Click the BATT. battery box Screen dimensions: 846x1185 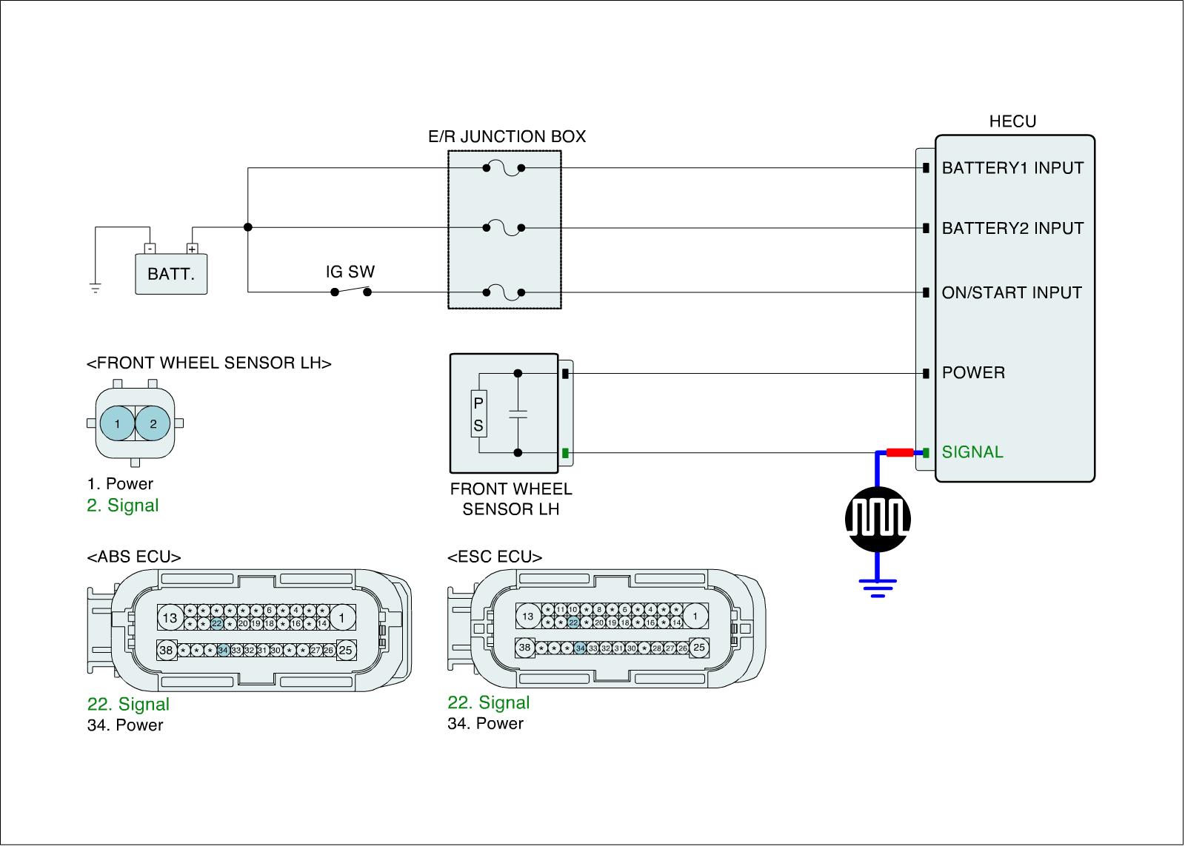click(x=171, y=274)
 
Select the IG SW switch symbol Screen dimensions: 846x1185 click(x=350, y=291)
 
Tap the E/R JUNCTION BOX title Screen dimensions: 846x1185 click(x=507, y=136)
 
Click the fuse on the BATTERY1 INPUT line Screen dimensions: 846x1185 click(x=504, y=169)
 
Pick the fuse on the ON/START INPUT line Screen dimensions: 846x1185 click(x=504, y=293)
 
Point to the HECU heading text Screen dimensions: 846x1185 click(x=1012, y=121)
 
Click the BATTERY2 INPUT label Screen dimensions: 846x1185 click(x=1012, y=228)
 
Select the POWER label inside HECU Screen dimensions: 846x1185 click(x=973, y=372)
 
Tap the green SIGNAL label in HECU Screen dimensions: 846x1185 click(x=972, y=452)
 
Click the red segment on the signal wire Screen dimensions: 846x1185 click(x=899, y=452)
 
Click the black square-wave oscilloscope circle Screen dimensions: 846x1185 click(x=878, y=519)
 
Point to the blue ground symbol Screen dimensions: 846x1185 click(x=878, y=588)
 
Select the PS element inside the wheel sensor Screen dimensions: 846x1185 click(x=478, y=414)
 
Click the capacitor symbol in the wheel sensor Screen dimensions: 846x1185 click(x=518, y=413)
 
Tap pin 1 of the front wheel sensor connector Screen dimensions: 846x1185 click(x=117, y=424)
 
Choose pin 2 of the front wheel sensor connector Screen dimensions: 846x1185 click(x=153, y=424)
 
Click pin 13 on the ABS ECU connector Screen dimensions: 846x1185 click(x=170, y=617)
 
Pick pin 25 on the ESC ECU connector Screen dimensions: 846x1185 click(x=698, y=648)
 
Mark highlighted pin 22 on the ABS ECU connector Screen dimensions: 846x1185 click(x=216, y=624)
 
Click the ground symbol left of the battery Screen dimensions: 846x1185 click(x=95, y=287)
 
